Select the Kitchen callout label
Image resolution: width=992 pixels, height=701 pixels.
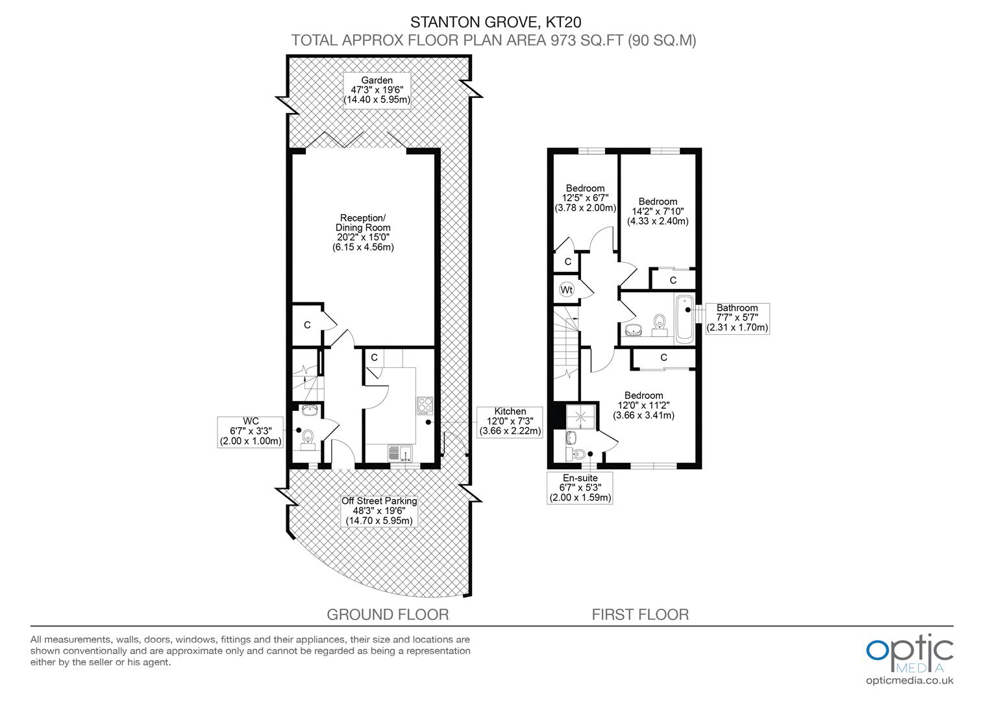[x=510, y=421]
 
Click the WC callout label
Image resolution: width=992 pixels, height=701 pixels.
[x=251, y=432]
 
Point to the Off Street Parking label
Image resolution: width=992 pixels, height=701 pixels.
[x=379, y=511]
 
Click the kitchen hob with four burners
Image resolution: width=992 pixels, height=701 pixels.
[x=425, y=405]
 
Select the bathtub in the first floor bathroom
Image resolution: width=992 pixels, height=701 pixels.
[x=684, y=319]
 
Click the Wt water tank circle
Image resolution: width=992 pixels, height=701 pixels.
[x=567, y=289]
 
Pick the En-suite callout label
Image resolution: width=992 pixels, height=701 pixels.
[x=580, y=488]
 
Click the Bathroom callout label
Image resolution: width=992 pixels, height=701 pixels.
[x=737, y=318]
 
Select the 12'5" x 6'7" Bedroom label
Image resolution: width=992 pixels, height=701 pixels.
[x=584, y=199]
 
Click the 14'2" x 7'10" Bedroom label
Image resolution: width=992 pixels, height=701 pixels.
[x=658, y=211]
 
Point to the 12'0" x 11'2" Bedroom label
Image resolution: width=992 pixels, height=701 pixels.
[x=643, y=405]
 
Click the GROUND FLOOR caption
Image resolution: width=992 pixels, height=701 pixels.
[x=388, y=614]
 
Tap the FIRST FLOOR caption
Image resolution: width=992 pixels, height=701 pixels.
[x=640, y=614]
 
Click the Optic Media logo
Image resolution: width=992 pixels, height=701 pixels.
[x=910, y=652]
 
